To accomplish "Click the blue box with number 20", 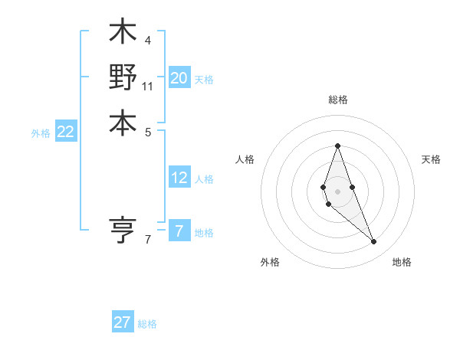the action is point(179,77).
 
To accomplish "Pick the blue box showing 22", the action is point(66,132).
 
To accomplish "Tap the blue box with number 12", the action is point(179,178).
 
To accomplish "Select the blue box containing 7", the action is point(179,231).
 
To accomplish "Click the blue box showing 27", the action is point(123,322).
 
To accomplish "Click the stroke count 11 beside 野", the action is point(148,86).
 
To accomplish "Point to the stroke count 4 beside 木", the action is point(147,40).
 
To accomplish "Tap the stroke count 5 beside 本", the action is point(147,131).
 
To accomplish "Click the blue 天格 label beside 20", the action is point(204,79).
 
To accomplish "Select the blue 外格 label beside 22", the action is point(41,133).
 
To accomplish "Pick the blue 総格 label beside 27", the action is point(147,324).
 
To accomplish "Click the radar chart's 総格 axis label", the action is point(337,100).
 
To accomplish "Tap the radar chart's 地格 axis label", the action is point(402,263).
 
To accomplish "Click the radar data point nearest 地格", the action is point(373,242).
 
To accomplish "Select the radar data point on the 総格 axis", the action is point(337,146).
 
